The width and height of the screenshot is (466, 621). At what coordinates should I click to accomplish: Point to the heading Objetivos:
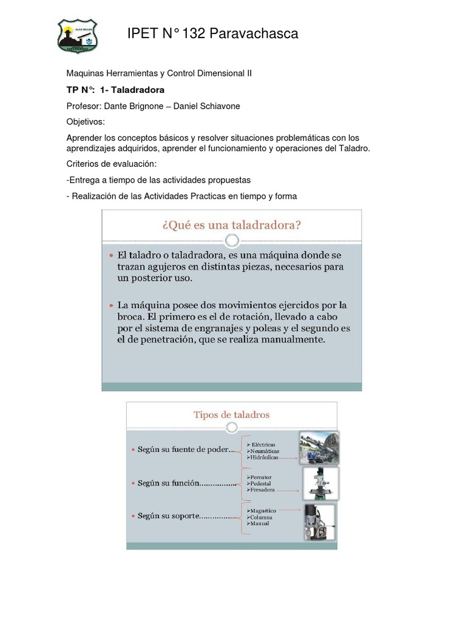[x=86, y=122]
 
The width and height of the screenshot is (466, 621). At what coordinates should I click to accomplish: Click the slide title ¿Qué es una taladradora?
[x=232, y=225]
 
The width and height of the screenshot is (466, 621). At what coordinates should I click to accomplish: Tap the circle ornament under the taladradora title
[x=231, y=242]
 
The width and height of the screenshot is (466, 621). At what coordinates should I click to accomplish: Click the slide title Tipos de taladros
[x=231, y=415]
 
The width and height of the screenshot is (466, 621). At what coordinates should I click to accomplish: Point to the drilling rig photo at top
[x=319, y=447]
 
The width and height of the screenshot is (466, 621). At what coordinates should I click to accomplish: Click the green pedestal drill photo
[x=320, y=483]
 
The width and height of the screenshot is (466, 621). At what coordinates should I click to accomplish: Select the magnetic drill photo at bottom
[x=319, y=522]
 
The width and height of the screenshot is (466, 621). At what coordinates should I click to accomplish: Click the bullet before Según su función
[x=133, y=483]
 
